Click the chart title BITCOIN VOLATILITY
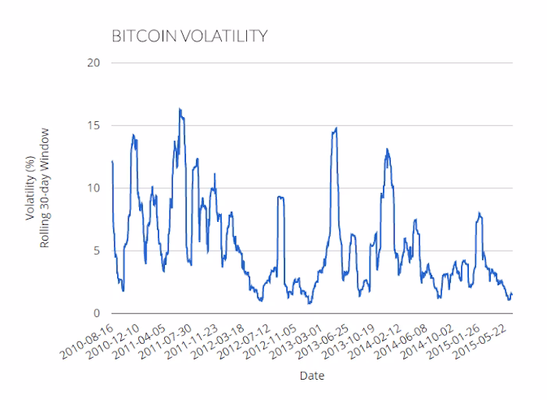pos(191,35)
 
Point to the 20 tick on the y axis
pos(95,62)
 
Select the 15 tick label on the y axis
pos(95,125)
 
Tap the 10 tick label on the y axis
pos(95,188)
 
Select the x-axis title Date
pos(312,376)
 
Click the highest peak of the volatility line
pos(180,109)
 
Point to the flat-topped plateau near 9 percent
pos(281,198)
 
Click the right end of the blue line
pos(511,295)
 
